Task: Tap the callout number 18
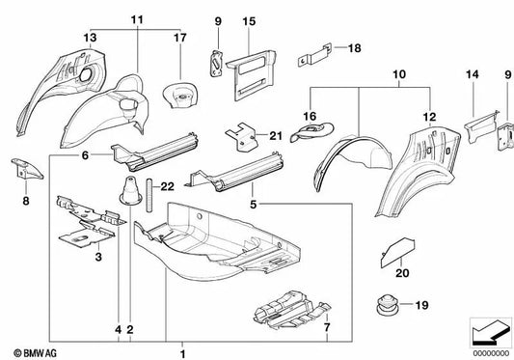click(354, 47)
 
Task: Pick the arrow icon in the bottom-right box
click(485, 332)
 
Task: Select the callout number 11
click(135, 19)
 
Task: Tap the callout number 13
click(90, 38)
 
